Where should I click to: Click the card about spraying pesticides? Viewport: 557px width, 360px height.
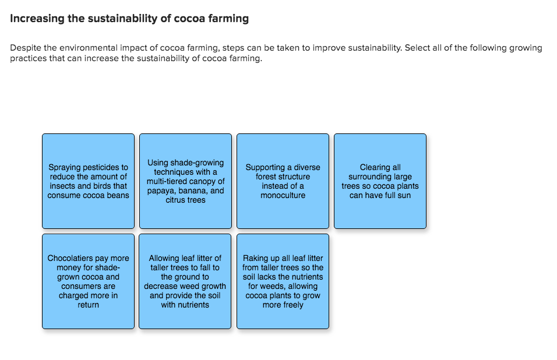[88, 181]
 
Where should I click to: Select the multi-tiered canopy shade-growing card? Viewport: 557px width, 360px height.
[185, 181]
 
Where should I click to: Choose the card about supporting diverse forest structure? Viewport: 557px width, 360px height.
[283, 181]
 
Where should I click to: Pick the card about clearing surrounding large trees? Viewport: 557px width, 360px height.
[380, 181]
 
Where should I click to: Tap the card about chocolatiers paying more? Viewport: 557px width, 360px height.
[88, 281]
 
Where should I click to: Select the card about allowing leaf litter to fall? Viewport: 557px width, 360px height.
[185, 281]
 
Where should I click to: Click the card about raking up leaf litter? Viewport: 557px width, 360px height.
[283, 281]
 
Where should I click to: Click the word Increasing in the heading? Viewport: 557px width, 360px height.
[37, 19]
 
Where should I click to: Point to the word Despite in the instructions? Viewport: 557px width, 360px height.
[26, 48]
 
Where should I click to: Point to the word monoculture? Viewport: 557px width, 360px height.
[283, 195]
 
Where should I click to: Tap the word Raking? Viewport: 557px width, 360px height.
[255, 258]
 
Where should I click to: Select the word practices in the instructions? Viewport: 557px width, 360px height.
[28, 59]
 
